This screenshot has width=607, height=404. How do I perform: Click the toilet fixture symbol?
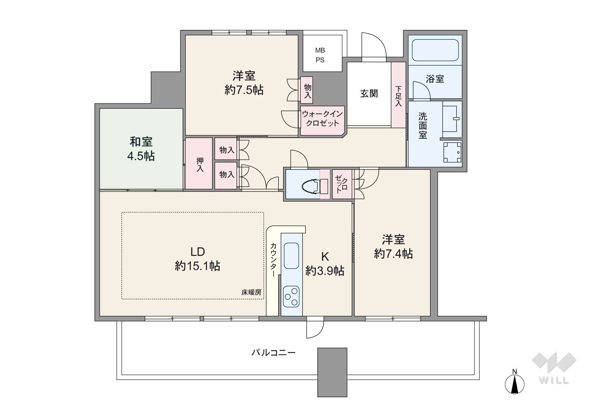315,186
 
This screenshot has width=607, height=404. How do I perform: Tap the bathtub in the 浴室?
435,50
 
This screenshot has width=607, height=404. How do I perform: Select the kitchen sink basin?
291,255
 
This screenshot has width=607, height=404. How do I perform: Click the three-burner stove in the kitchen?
291,297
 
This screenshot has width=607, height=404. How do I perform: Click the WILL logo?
554,368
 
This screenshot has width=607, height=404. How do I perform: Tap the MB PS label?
320,55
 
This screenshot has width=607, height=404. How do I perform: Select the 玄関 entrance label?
369,94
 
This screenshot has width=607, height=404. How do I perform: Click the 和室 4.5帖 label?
141,149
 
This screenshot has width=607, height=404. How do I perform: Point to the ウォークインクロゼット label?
322,118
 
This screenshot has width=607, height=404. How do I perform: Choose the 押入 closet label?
200,165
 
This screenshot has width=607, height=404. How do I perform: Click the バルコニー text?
273,353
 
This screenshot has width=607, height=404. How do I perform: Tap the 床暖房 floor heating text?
251,292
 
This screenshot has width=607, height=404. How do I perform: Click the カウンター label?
273,259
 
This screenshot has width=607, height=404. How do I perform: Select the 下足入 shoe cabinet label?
398,96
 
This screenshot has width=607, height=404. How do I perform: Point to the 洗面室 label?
423,125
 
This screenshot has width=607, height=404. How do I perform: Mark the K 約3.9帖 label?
325,264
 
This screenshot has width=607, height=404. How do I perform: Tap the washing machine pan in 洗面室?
452,152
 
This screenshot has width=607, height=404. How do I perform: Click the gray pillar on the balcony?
332,372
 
